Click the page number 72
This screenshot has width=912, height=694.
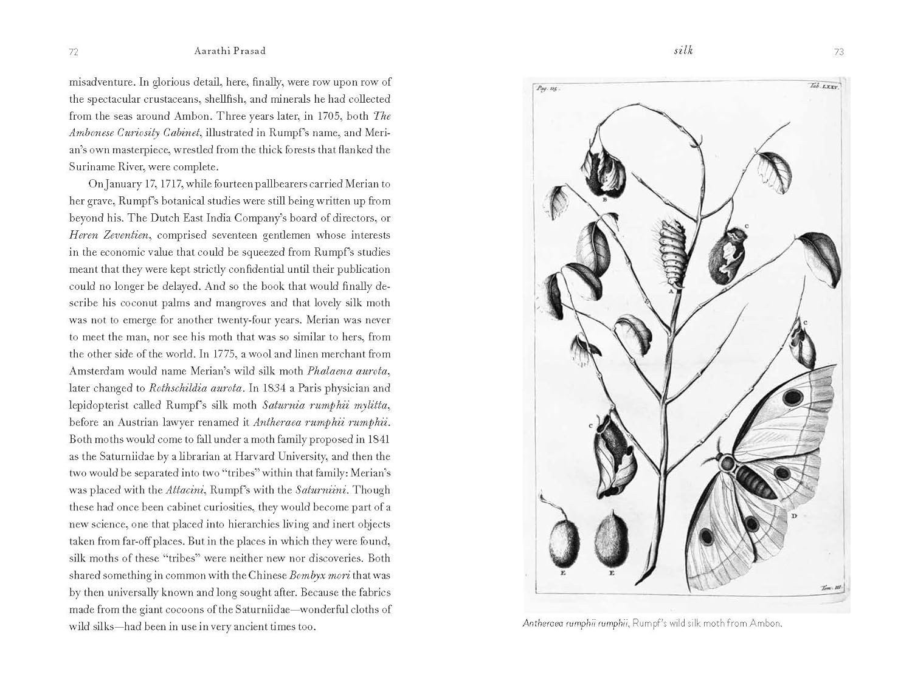(x=74, y=52)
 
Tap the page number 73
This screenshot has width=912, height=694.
(x=838, y=52)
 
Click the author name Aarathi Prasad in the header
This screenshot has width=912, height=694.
(x=230, y=51)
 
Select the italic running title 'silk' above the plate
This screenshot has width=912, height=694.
(x=683, y=50)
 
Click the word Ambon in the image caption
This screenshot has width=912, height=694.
(x=764, y=624)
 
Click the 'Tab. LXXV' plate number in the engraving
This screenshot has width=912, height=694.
(x=824, y=87)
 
